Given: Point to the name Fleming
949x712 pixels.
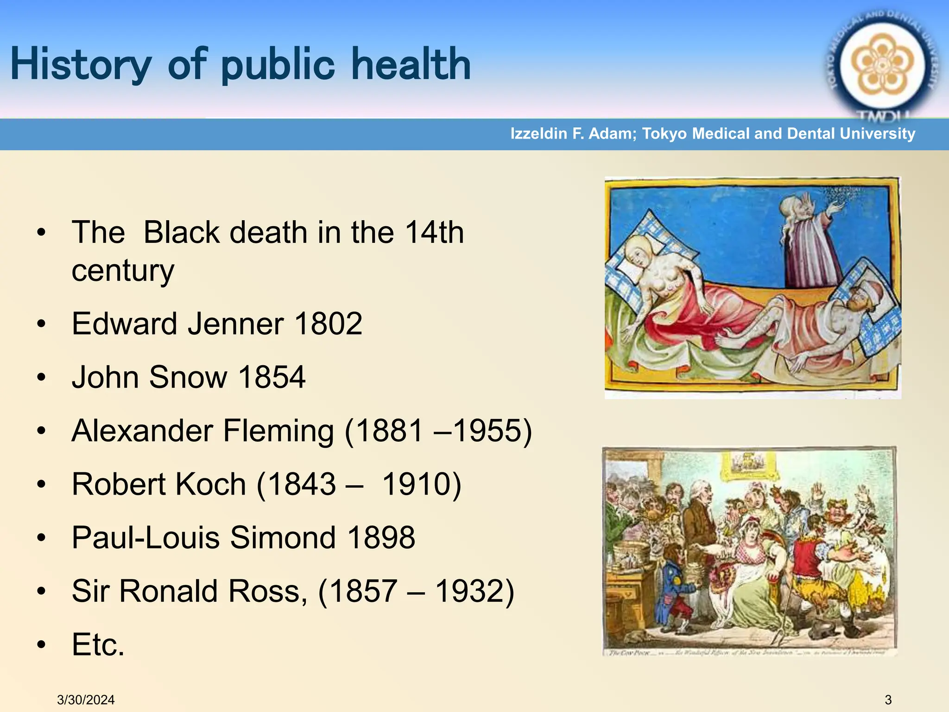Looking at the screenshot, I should (278, 431).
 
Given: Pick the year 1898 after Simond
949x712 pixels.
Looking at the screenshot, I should (381, 538).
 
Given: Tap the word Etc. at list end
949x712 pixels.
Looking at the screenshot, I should (98, 645).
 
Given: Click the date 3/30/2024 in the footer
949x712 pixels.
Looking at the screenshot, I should (86, 700).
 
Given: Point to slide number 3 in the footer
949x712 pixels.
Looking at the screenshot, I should (888, 700).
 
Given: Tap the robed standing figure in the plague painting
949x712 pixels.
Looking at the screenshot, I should (806, 241).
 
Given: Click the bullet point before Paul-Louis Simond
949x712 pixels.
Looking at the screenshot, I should (42, 538).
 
